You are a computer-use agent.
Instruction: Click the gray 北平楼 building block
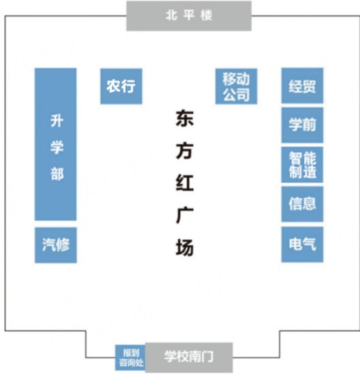pos(189,16)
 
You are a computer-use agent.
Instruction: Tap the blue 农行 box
pos(121,86)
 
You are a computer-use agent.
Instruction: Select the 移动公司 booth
pos(236,86)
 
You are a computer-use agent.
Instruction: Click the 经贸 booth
pos(302,86)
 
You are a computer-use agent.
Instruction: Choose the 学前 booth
pos(302,125)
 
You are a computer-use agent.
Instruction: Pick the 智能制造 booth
pos(302,165)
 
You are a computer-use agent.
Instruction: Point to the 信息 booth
pos(302,204)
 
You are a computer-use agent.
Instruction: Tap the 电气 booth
pos(302,245)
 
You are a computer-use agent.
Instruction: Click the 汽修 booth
pos(56,245)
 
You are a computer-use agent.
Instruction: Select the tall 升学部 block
pos(56,144)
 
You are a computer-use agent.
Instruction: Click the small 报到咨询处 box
pos(131,358)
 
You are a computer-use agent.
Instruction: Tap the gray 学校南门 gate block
pos(189,357)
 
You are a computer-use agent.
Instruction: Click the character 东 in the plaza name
pos(184,118)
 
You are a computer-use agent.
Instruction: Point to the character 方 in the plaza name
pos(184,150)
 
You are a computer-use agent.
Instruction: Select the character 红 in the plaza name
pos(184,183)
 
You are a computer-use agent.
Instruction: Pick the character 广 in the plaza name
pos(184,216)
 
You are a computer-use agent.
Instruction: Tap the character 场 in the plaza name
pos(184,248)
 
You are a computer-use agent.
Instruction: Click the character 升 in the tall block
pos(56,120)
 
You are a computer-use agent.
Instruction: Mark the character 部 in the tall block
pos(56,173)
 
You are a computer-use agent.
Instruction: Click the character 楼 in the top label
pos(206,16)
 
